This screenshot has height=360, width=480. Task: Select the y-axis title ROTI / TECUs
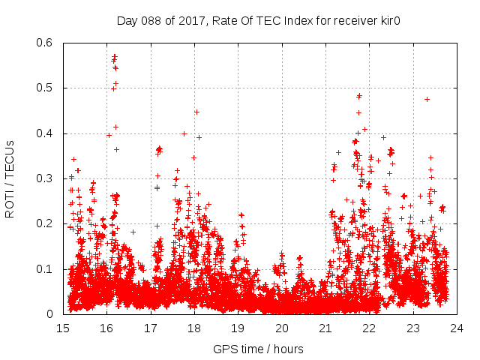pos(10,178)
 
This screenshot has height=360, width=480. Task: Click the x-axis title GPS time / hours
pos(258,349)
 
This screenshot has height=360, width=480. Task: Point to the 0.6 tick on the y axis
pos(46,43)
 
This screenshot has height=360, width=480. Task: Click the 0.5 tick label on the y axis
pos(46,88)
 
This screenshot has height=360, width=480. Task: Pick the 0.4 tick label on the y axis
pos(46,133)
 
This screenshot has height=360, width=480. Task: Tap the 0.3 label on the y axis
pos(46,178)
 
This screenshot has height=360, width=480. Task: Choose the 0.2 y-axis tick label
pos(46,223)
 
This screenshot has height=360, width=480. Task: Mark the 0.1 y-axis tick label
pos(46,268)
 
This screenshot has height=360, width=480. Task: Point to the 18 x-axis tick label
pos(194,328)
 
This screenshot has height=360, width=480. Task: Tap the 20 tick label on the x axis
pos(282,328)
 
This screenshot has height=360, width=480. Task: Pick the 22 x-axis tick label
pos(369,328)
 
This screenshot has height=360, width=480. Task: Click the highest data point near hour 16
pos(114,55)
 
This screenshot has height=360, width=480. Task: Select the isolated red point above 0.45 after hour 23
pos(427,99)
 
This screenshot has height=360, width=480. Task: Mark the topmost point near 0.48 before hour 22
pos(359,96)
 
